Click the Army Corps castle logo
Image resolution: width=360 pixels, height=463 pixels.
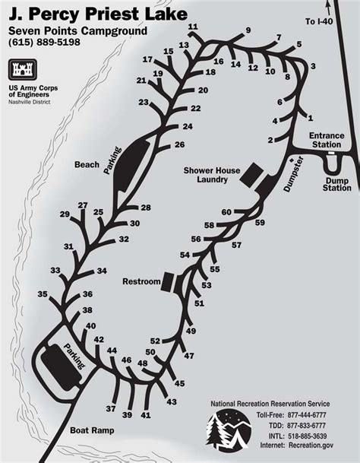coord(23,69)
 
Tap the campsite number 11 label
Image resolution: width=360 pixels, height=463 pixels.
coord(193,27)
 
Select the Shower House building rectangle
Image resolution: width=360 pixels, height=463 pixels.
coord(251,175)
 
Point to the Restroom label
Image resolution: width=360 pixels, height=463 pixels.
coord(141,281)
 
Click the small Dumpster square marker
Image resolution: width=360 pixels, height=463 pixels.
coord(292,160)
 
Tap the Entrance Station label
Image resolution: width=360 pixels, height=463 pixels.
coord(327,140)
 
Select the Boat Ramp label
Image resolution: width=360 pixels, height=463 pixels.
coord(92,430)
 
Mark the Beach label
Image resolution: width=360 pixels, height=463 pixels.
coord(87,164)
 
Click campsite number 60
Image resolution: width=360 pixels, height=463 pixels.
coord(226,212)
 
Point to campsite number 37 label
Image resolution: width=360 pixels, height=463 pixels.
coord(111,409)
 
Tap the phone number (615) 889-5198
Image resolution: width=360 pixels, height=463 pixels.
coord(45,43)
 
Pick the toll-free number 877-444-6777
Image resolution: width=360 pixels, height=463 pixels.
coord(307,415)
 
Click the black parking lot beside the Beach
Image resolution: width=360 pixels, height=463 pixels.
coord(131,165)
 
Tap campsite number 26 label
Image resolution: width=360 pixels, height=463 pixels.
coord(180,144)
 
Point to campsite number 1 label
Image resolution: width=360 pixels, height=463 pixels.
coord(310,118)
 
